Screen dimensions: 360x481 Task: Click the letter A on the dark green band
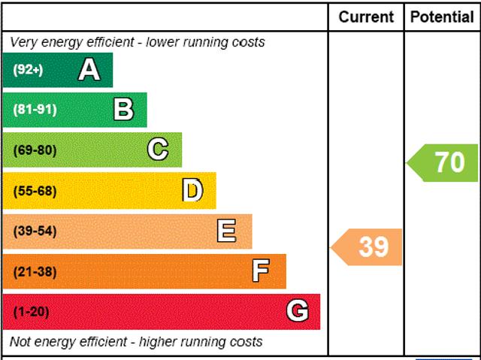tap(89, 70)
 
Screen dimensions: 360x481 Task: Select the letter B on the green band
tap(123, 110)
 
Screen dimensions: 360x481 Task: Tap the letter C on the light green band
tap(158, 150)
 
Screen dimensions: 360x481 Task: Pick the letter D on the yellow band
tap(192, 191)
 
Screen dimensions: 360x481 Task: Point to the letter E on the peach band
tap(226, 231)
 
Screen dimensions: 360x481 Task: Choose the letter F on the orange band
tap(261, 271)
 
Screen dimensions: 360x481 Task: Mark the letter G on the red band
tap(298, 310)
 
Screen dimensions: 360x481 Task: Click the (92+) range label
tap(28, 70)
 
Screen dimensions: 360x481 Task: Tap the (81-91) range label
tap(35, 110)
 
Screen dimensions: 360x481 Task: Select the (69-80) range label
tap(35, 150)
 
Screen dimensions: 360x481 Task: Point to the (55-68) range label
tap(35, 191)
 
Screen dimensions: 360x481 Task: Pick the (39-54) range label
tap(35, 231)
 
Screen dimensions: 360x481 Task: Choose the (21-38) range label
tap(35, 271)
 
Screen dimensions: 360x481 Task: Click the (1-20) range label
tap(31, 311)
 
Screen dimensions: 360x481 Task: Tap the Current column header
tap(366, 17)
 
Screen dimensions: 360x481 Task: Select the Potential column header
tap(443, 17)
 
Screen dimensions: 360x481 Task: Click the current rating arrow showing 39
tap(368, 247)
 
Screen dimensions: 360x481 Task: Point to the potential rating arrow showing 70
tap(445, 162)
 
